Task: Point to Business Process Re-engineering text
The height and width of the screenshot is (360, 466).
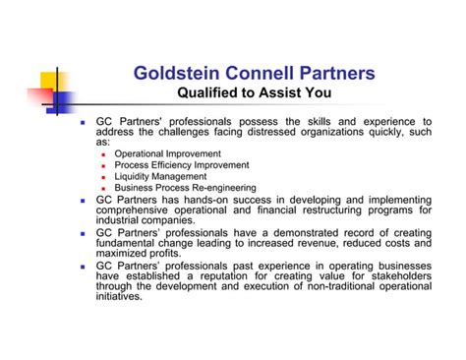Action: click(186, 187)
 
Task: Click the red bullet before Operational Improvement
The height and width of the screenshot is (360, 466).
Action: click(105, 155)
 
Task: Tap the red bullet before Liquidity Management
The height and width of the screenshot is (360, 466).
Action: click(105, 177)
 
